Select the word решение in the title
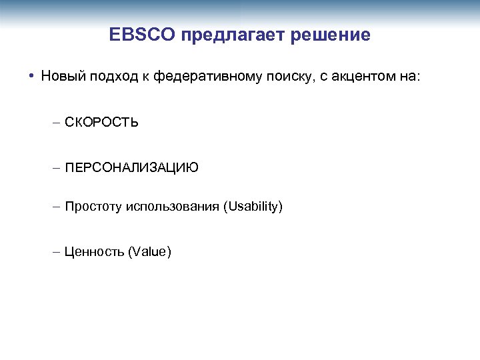click(331, 35)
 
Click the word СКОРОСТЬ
click(102, 123)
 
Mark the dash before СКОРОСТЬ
click(56, 123)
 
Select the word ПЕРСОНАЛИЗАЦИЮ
click(132, 168)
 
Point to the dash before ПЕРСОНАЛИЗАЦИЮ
click(56, 168)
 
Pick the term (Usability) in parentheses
click(253, 207)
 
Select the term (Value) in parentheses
click(151, 252)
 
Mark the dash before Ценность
click(56, 252)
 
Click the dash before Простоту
click(56, 207)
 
